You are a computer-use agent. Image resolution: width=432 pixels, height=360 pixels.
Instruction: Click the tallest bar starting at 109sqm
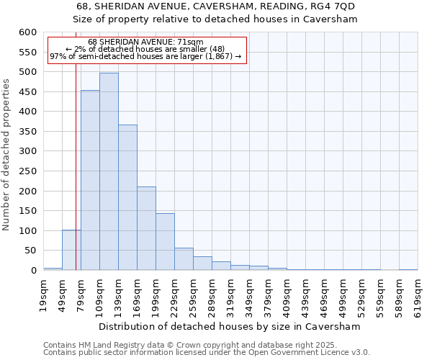[x=109, y=171]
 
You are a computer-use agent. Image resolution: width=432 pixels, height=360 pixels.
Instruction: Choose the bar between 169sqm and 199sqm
[x=146, y=228]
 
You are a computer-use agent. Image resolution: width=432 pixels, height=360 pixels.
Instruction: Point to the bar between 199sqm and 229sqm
[x=165, y=242]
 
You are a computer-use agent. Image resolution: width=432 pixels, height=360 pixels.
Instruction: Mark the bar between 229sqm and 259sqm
[x=184, y=259]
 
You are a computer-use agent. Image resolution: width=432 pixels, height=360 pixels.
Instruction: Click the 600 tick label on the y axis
[x=27, y=32]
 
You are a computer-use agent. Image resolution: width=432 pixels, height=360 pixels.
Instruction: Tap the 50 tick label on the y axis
[x=30, y=251]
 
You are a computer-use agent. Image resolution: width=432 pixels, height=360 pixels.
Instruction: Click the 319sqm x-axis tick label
[x=230, y=294]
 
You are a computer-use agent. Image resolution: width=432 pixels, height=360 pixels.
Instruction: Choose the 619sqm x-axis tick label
[x=418, y=294]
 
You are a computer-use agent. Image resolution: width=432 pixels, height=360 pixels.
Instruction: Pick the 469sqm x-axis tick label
[x=324, y=294]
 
